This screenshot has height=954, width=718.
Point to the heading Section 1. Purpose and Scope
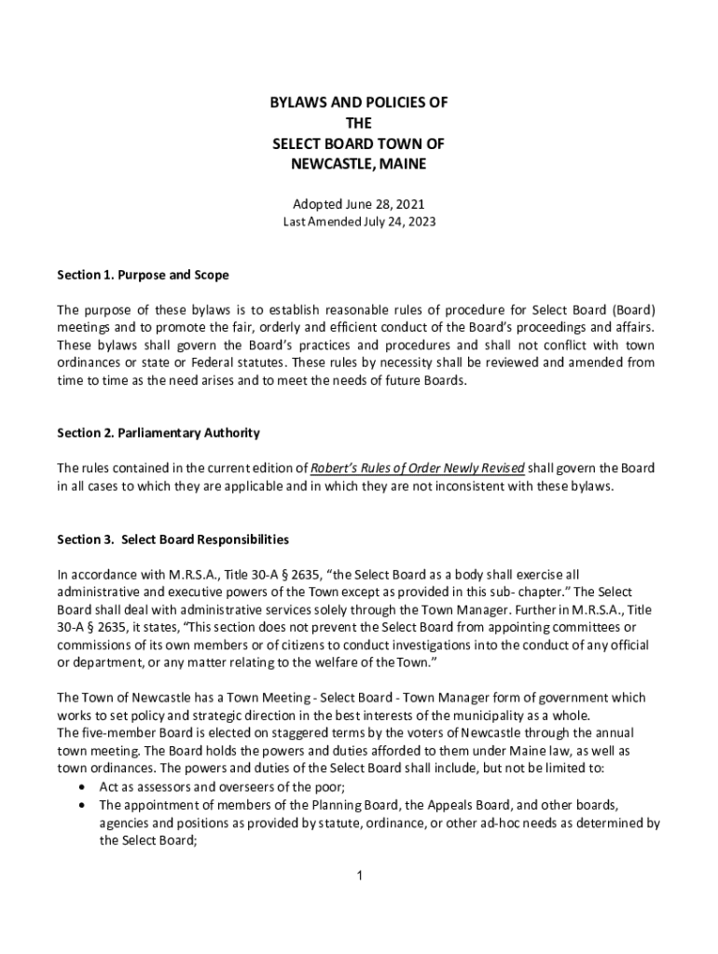click(143, 276)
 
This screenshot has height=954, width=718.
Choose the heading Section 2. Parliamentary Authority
click(159, 433)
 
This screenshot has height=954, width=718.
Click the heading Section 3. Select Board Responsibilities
click(173, 539)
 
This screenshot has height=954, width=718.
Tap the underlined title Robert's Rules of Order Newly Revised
click(418, 468)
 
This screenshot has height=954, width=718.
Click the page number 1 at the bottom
click(359, 876)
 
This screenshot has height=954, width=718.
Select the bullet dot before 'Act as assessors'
click(84, 787)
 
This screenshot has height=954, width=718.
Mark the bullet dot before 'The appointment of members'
click(84, 805)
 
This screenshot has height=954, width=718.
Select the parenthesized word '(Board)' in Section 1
click(633, 309)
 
